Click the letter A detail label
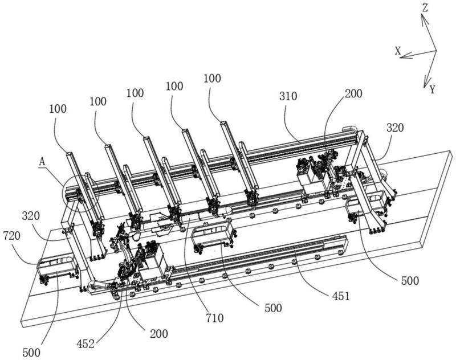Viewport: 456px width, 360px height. [42, 161]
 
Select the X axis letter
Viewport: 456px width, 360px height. [398, 51]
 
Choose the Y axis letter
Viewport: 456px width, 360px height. [433, 89]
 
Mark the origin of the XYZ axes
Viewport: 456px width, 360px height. [436, 50]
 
